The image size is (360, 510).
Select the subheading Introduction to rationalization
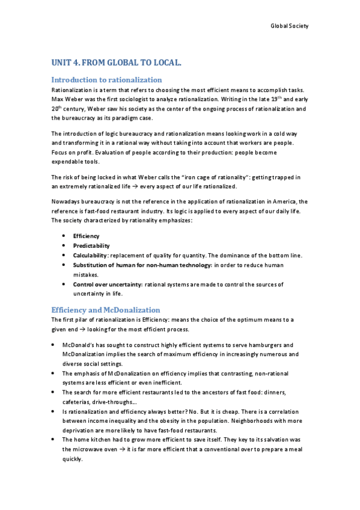point(106,79)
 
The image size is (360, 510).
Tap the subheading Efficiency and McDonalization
point(106,309)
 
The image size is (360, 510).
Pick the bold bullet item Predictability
point(91,246)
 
